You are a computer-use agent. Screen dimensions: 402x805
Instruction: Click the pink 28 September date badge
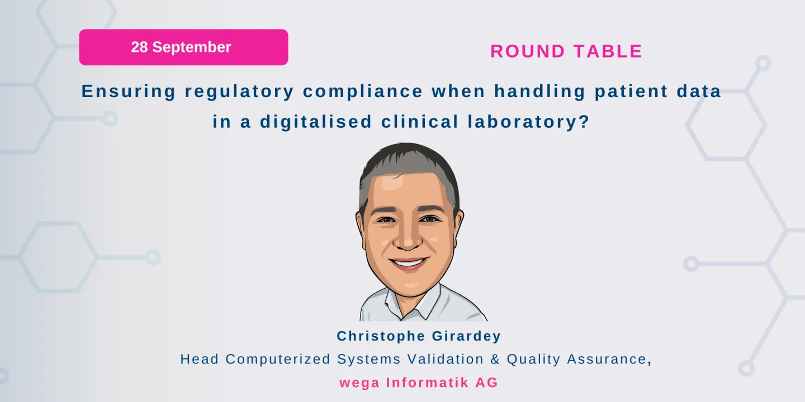pyautogui.click(x=183, y=47)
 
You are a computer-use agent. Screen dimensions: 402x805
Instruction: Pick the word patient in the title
pyautogui.click(x=630, y=92)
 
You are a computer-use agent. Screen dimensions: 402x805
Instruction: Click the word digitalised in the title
pyautogui.click(x=316, y=122)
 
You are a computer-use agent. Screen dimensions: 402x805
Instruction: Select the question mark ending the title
pyautogui.click(x=585, y=122)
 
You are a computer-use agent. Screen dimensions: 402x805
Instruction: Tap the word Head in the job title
pyautogui.click(x=200, y=359)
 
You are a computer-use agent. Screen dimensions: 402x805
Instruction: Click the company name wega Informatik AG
pyautogui.click(x=418, y=383)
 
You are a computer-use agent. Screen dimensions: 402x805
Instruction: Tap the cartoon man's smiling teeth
pyautogui.click(x=409, y=261)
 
